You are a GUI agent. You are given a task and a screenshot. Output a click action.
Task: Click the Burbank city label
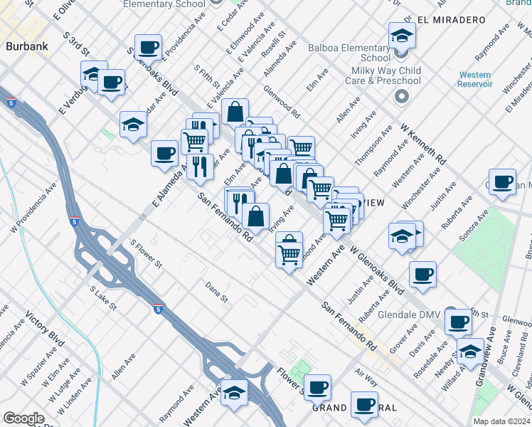pos(26,47)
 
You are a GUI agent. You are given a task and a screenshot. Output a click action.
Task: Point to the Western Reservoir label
pos(475,79)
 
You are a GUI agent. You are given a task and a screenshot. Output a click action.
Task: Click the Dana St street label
pos(216,292)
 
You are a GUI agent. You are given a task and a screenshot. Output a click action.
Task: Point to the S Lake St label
pos(102,300)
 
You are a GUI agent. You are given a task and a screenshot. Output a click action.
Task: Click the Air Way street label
pos(367,376)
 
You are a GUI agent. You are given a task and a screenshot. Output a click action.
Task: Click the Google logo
pos(23,418)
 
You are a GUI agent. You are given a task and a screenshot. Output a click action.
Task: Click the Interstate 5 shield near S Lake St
pos(158,310)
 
